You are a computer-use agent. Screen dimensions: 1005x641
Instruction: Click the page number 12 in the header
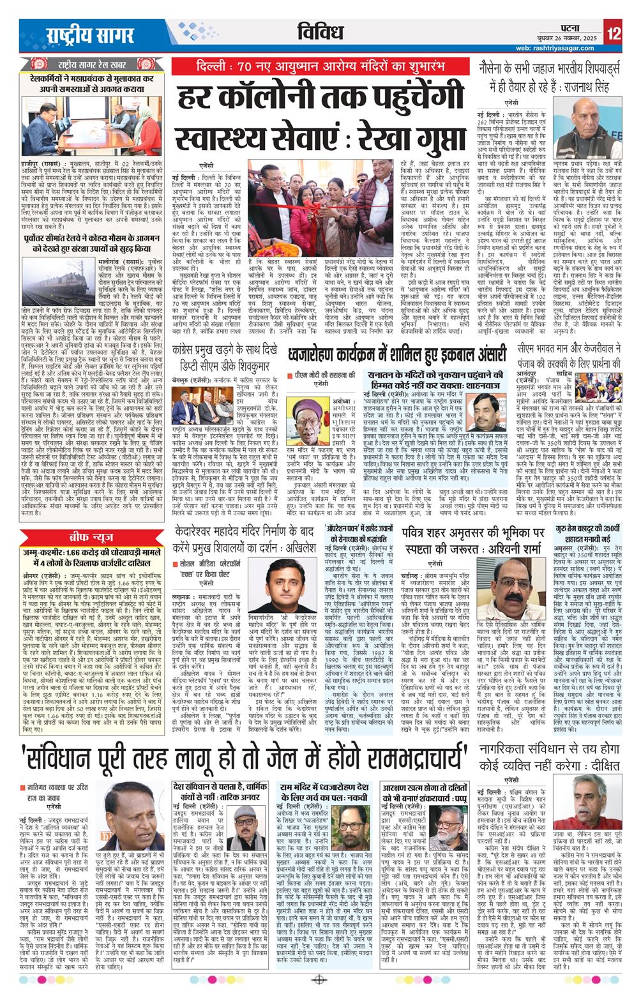614,32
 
